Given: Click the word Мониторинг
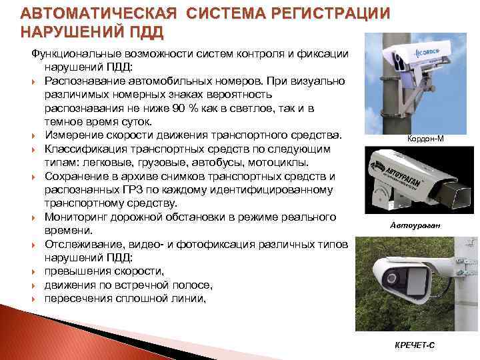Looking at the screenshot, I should tap(74, 217).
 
